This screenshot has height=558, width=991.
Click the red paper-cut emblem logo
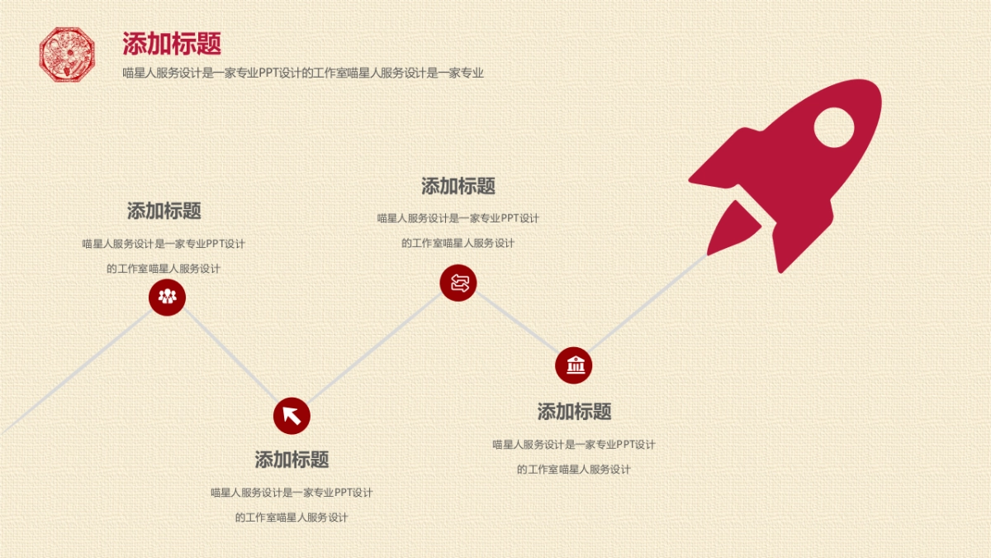pyautogui.click(x=68, y=55)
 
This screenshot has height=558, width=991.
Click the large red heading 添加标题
pyautogui.click(x=172, y=43)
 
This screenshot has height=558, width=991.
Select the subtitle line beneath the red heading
pyautogui.click(x=302, y=73)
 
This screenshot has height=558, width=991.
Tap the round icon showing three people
pyautogui.click(x=168, y=297)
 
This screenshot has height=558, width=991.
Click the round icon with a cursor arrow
pyautogui.click(x=292, y=415)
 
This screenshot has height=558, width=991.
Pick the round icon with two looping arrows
pyautogui.click(x=458, y=284)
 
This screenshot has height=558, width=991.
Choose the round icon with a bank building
pyautogui.click(x=574, y=365)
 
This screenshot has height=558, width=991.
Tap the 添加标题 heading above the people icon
pyautogui.click(x=164, y=211)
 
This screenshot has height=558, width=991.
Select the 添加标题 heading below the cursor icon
pyautogui.click(x=292, y=460)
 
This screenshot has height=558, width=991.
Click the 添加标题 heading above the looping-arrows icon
pyautogui.click(x=458, y=186)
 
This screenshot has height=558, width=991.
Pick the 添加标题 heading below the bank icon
pyautogui.click(x=574, y=412)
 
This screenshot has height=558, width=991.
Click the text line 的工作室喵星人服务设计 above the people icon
pyautogui.click(x=164, y=269)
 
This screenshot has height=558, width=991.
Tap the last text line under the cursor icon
pyautogui.click(x=292, y=517)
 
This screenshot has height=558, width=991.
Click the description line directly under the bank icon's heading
pyautogui.click(x=574, y=445)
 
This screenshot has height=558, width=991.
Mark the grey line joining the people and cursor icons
pyautogui.click(x=230, y=356)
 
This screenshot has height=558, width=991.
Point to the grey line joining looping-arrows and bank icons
pyautogui.click(x=516, y=325)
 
